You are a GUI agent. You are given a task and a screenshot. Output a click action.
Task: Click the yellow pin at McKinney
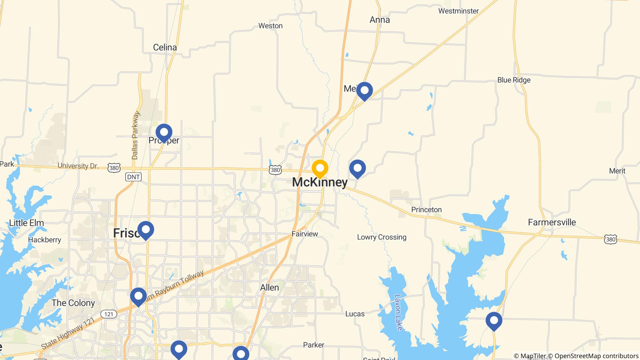(320, 168)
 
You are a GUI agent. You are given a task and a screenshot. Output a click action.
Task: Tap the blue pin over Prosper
(164, 132)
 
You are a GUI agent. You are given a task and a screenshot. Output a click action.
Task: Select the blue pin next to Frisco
(146, 230)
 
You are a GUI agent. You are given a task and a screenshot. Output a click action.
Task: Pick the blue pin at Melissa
(364, 91)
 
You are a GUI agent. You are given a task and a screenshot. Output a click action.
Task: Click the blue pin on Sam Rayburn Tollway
(138, 296)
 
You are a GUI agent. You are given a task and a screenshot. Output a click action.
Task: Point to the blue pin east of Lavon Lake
(494, 321)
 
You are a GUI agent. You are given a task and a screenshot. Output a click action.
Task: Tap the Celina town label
(165, 47)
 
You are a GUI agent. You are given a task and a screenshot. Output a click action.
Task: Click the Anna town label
(380, 20)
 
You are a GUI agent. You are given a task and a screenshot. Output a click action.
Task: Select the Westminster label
(458, 11)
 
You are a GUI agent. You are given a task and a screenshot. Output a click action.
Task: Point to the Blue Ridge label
(514, 80)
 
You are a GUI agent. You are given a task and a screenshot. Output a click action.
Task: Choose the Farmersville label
(552, 222)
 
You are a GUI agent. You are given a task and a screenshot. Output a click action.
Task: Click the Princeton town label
(426, 210)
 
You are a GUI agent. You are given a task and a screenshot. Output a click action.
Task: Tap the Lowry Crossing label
(382, 237)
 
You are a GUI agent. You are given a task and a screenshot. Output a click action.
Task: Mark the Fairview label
(305, 234)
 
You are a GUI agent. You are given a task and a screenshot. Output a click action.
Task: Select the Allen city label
(269, 287)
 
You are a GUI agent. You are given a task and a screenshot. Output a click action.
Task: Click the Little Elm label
(27, 223)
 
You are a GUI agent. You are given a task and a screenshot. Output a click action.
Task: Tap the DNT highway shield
(133, 177)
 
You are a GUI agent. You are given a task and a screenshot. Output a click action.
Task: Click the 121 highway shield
(108, 314)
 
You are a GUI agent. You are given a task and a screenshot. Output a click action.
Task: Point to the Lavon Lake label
(399, 312)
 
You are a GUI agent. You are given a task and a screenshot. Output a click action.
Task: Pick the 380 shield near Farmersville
(611, 240)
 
